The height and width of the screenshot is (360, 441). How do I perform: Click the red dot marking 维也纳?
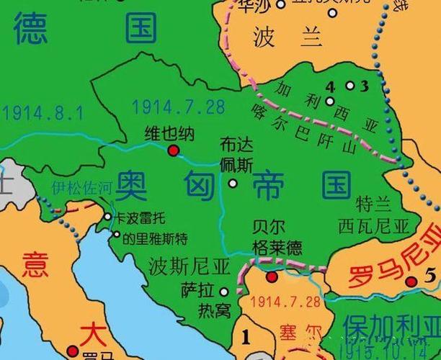tap(173, 150)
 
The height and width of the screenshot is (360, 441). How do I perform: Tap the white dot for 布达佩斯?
tap(233, 183)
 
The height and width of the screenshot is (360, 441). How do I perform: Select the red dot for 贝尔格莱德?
tap(272, 276)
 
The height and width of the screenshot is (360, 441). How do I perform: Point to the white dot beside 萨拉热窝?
tap(223, 292)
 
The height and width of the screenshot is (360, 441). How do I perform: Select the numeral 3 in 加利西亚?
tap(364, 86)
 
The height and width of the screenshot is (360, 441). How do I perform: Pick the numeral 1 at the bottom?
tap(246, 336)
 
